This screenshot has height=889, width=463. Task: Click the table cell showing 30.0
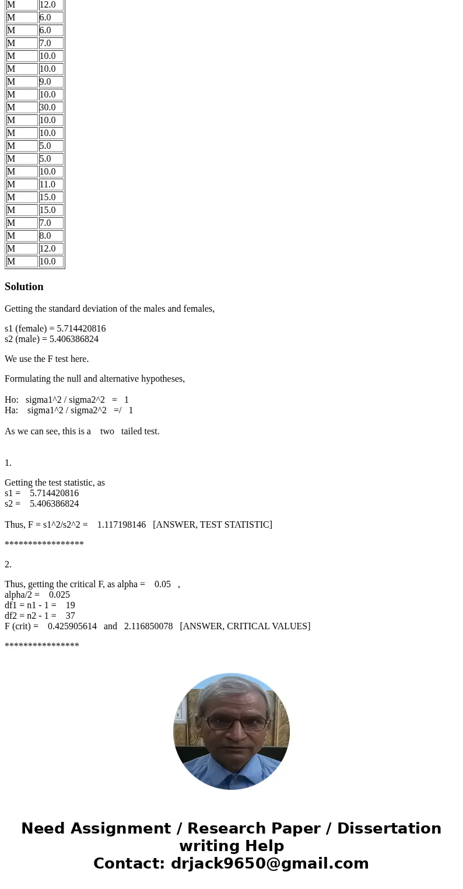[x=51, y=107]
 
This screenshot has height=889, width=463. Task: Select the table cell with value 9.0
[x=51, y=82]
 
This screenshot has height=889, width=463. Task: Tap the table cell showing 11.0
[x=51, y=184]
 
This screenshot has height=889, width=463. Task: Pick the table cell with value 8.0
[x=51, y=236]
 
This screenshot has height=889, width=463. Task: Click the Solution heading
[x=24, y=287]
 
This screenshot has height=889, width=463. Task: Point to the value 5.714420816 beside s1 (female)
[x=81, y=329]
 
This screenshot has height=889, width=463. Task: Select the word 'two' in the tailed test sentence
[x=107, y=431]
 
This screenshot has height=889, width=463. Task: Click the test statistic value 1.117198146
[x=121, y=525]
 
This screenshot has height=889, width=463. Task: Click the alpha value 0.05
[x=163, y=584]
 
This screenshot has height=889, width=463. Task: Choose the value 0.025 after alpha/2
[x=59, y=595]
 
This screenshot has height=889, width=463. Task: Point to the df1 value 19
[x=70, y=605]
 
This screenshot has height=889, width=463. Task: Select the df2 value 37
[x=70, y=616]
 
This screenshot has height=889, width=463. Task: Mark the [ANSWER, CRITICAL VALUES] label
[x=245, y=626]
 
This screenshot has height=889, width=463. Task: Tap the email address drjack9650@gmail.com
[x=269, y=863]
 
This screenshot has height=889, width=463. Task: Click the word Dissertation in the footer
[x=389, y=828]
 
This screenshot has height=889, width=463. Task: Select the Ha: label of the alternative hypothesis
[x=11, y=410]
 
